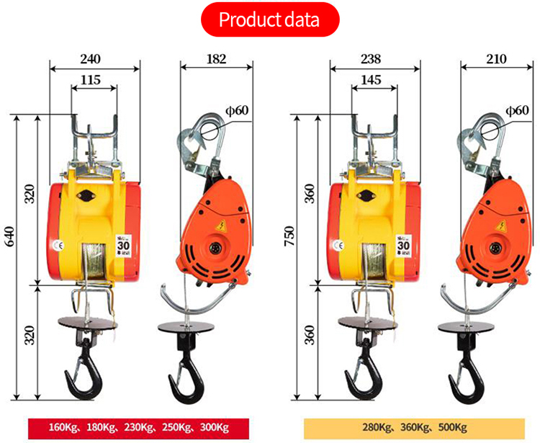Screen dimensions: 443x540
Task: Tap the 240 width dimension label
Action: click(x=91, y=58)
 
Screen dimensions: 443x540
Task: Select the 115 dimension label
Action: click(x=92, y=80)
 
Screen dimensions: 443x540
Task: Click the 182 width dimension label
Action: click(x=216, y=58)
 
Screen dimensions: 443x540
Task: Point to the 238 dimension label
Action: click(x=372, y=58)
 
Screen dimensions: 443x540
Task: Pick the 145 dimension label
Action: click(x=372, y=80)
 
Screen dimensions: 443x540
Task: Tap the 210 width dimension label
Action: click(x=497, y=58)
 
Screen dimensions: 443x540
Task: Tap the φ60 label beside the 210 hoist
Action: click(x=518, y=110)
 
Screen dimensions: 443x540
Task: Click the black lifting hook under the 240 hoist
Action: click(x=84, y=367)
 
